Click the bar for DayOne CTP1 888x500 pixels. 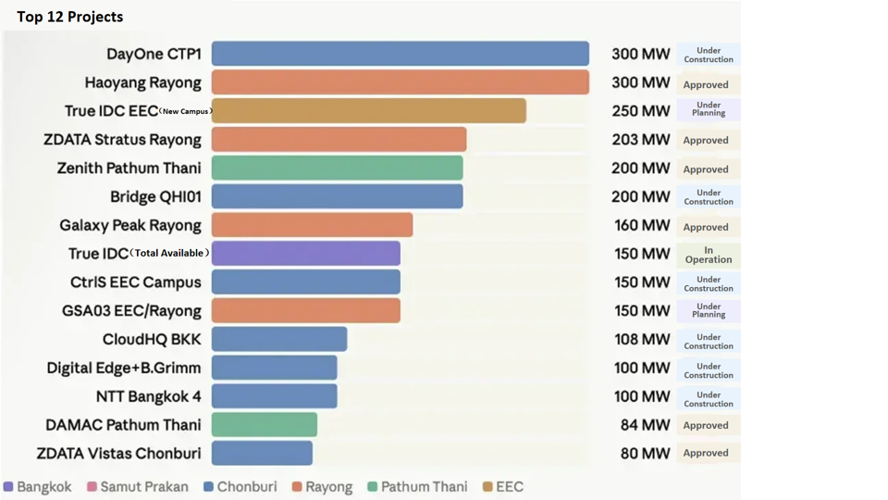pyautogui.click(x=400, y=54)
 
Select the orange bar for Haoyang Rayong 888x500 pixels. pyautogui.click(x=400, y=82)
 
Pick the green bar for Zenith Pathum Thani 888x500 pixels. pyautogui.click(x=337, y=169)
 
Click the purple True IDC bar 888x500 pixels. pyautogui.click(x=305, y=254)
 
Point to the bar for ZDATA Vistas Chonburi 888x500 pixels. pyautogui.click(x=262, y=453)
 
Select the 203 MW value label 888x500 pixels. pyautogui.click(x=640, y=140)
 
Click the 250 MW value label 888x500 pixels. pyautogui.click(x=640, y=111)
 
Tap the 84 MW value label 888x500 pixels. pyautogui.click(x=645, y=425)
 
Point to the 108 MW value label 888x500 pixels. pyautogui.click(x=642, y=339)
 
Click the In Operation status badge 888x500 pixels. pyautogui.click(x=709, y=255)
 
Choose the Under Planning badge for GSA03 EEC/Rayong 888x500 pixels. pyautogui.click(x=709, y=311)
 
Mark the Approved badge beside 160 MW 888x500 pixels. pyautogui.click(x=706, y=227)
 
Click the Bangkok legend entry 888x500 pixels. pyautogui.click(x=38, y=487)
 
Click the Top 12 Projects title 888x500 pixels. pyautogui.click(x=69, y=17)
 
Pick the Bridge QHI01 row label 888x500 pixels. pyautogui.click(x=155, y=197)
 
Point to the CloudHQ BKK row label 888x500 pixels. pyautogui.click(x=152, y=340)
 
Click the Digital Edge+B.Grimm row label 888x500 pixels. pyautogui.click(x=124, y=368)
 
